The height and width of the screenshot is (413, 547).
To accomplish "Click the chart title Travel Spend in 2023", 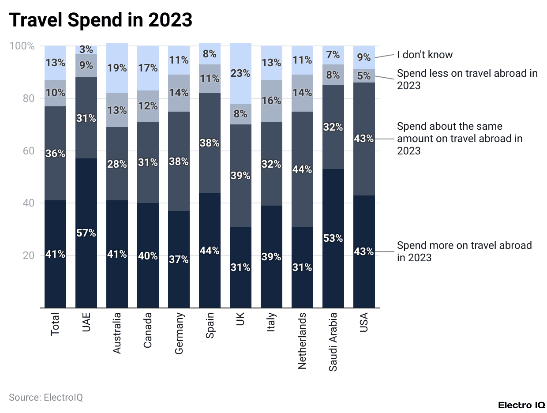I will tap(101, 20).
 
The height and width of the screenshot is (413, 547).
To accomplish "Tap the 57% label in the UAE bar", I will tap(86, 233).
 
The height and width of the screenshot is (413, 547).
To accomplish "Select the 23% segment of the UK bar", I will tap(240, 73).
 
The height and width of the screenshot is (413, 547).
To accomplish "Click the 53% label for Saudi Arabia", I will tap(333, 238).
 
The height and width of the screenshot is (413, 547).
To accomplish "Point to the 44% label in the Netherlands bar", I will tap(302, 169).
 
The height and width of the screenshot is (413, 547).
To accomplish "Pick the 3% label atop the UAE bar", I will tap(86, 50).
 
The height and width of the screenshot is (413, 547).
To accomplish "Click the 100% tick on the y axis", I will tap(22, 46).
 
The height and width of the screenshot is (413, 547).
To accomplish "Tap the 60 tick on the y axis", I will tap(28, 151).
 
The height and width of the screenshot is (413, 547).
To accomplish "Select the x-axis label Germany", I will tap(179, 333).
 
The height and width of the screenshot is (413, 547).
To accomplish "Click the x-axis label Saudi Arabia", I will tap(333, 342).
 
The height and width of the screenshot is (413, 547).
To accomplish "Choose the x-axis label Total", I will tap(55, 324).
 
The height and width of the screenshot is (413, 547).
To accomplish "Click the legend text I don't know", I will tap(424, 55).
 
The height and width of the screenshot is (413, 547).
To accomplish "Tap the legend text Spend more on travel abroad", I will tap(464, 251).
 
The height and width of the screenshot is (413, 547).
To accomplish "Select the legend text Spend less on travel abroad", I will tap(467, 79).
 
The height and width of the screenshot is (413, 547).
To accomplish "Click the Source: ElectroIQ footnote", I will tap(46, 397).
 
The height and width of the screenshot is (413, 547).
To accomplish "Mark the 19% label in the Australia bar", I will tap(117, 68).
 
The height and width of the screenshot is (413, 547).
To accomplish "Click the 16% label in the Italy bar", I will tap(271, 101).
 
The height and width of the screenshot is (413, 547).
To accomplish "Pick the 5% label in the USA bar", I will tap(364, 76).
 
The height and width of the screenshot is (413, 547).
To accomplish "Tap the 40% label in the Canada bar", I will tap(148, 256).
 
